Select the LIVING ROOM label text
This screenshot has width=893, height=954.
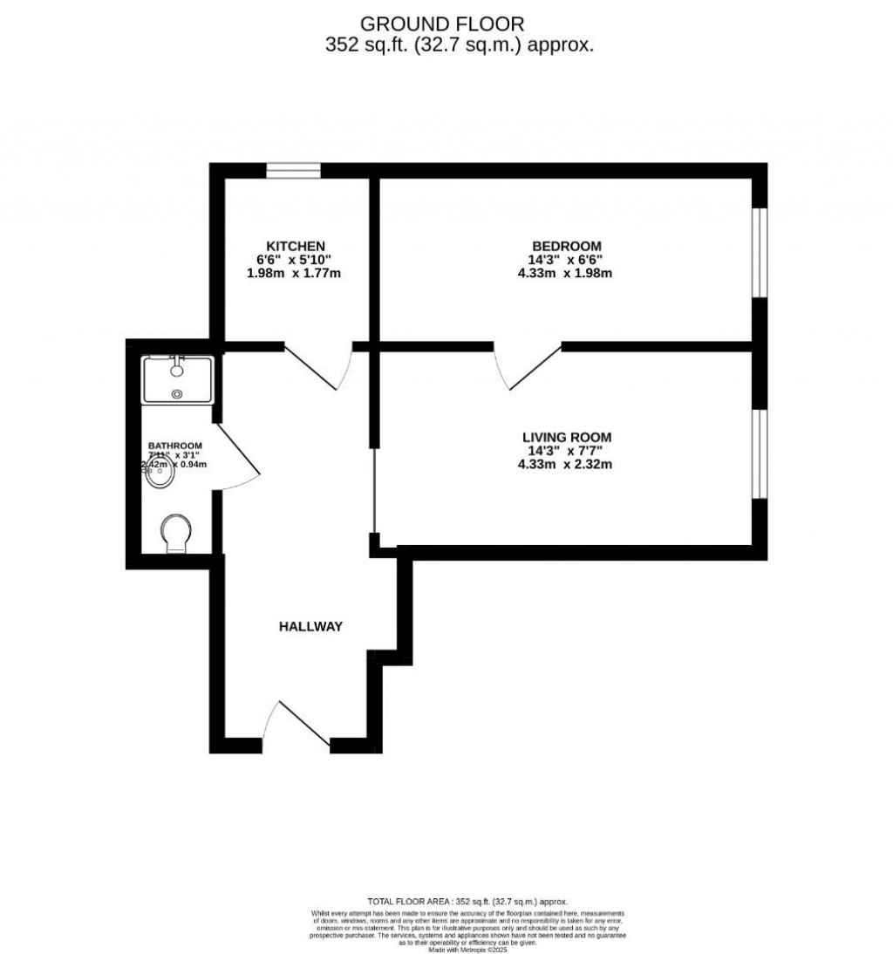[566, 437]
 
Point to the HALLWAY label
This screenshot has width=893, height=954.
[310, 626]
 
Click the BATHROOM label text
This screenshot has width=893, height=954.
[175, 446]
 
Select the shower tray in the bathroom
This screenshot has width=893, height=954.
[178, 378]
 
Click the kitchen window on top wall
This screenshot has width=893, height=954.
[293, 170]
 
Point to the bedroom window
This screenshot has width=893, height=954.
[760, 253]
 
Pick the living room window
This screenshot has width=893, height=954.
[760, 453]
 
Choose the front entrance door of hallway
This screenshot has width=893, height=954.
[297, 724]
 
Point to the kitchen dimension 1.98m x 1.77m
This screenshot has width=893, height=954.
[294, 273]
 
